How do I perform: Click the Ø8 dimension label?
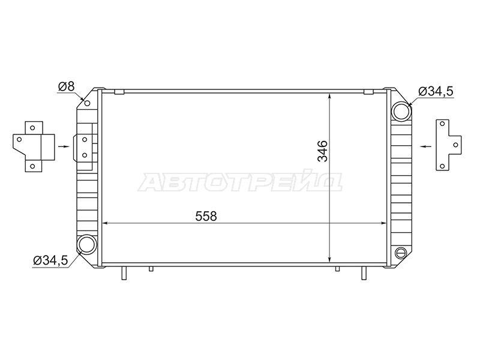coord(66,86)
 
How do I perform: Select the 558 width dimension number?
coord(206,216)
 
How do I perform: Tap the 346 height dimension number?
coord(323,151)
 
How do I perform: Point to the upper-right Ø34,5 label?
coord(436,91)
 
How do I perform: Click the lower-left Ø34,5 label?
coord(50,260)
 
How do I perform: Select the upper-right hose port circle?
coord(401,112)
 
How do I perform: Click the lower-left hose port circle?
coord(87,244)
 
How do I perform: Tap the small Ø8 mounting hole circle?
coord(87,103)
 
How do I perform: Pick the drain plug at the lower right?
coord(400,253)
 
